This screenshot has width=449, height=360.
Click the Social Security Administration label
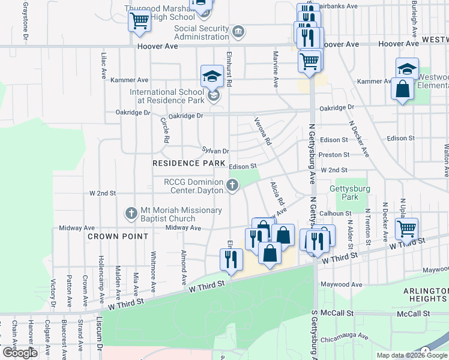(202, 32)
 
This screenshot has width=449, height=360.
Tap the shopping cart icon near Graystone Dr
(139, 20)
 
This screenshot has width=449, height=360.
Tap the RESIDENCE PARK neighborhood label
(184, 163)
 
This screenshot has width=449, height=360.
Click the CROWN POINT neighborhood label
(118, 236)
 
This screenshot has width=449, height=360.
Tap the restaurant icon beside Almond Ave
(231, 259)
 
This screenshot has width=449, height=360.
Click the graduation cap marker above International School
(211, 76)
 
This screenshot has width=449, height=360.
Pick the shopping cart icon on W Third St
(406, 229)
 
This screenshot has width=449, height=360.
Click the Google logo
(19, 353)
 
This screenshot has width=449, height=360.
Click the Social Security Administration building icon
(238, 32)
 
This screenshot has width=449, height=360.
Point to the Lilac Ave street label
(103, 66)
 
